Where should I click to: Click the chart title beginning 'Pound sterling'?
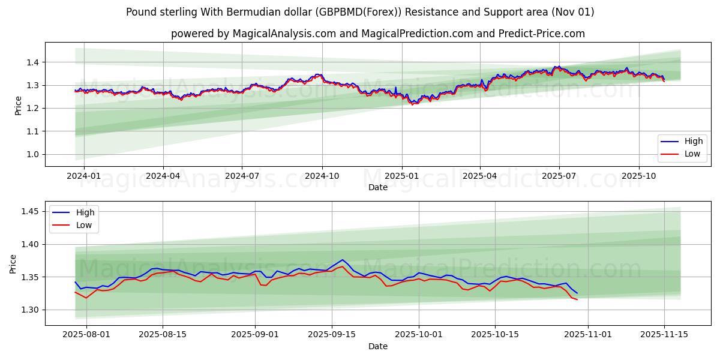pos(360,12)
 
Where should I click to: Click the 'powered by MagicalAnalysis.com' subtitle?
pos(377,34)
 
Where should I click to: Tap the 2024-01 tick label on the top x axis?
pos(83,176)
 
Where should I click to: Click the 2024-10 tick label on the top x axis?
pos(322,176)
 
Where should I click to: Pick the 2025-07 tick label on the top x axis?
pos(559,176)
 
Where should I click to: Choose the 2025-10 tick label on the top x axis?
pos(638,176)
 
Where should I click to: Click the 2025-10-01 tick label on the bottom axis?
pos(419,335)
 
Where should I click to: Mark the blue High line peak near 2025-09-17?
pos(343,260)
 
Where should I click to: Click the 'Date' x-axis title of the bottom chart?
pos(378,346)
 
